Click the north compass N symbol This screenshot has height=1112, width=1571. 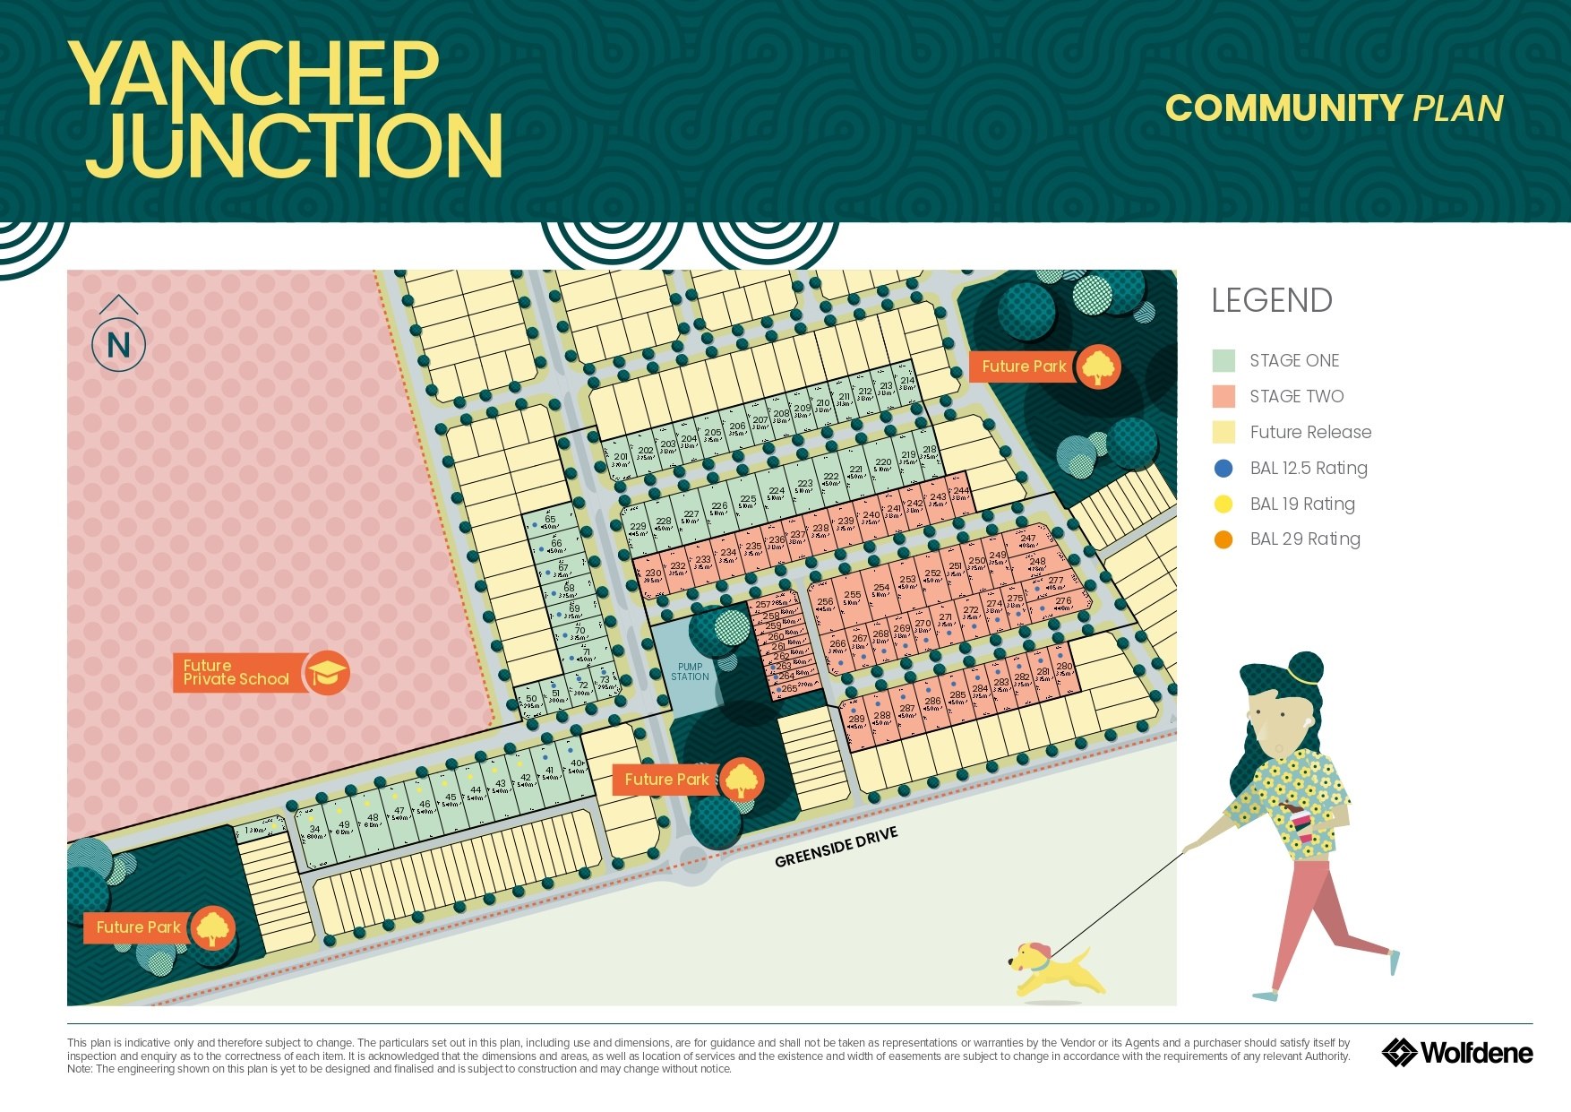[x=118, y=344]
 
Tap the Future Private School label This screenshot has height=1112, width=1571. [x=236, y=672]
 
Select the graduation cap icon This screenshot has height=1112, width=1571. [x=327, y=672]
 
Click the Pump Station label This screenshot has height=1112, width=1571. [x=690, y=672]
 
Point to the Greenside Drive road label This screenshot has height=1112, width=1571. [x=836, y=848]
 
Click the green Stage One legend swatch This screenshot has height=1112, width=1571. [x=1223, y=360]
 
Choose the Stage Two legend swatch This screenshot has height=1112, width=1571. [x=1223, y=396]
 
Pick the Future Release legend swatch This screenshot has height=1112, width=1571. [x=1223, y=432]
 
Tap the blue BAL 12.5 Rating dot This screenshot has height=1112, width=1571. [x=1223, y=468]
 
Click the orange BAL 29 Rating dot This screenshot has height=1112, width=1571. [x=1223, y=539]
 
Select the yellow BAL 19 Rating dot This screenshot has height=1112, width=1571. [x=1223, y=504]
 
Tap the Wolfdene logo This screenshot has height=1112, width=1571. [x=1457, y=1052]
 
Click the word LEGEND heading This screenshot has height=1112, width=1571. [x=1272, y=301]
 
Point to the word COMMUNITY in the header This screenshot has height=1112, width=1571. [x=1283, y=108]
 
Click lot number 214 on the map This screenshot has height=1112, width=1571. [x=907, y=382]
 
